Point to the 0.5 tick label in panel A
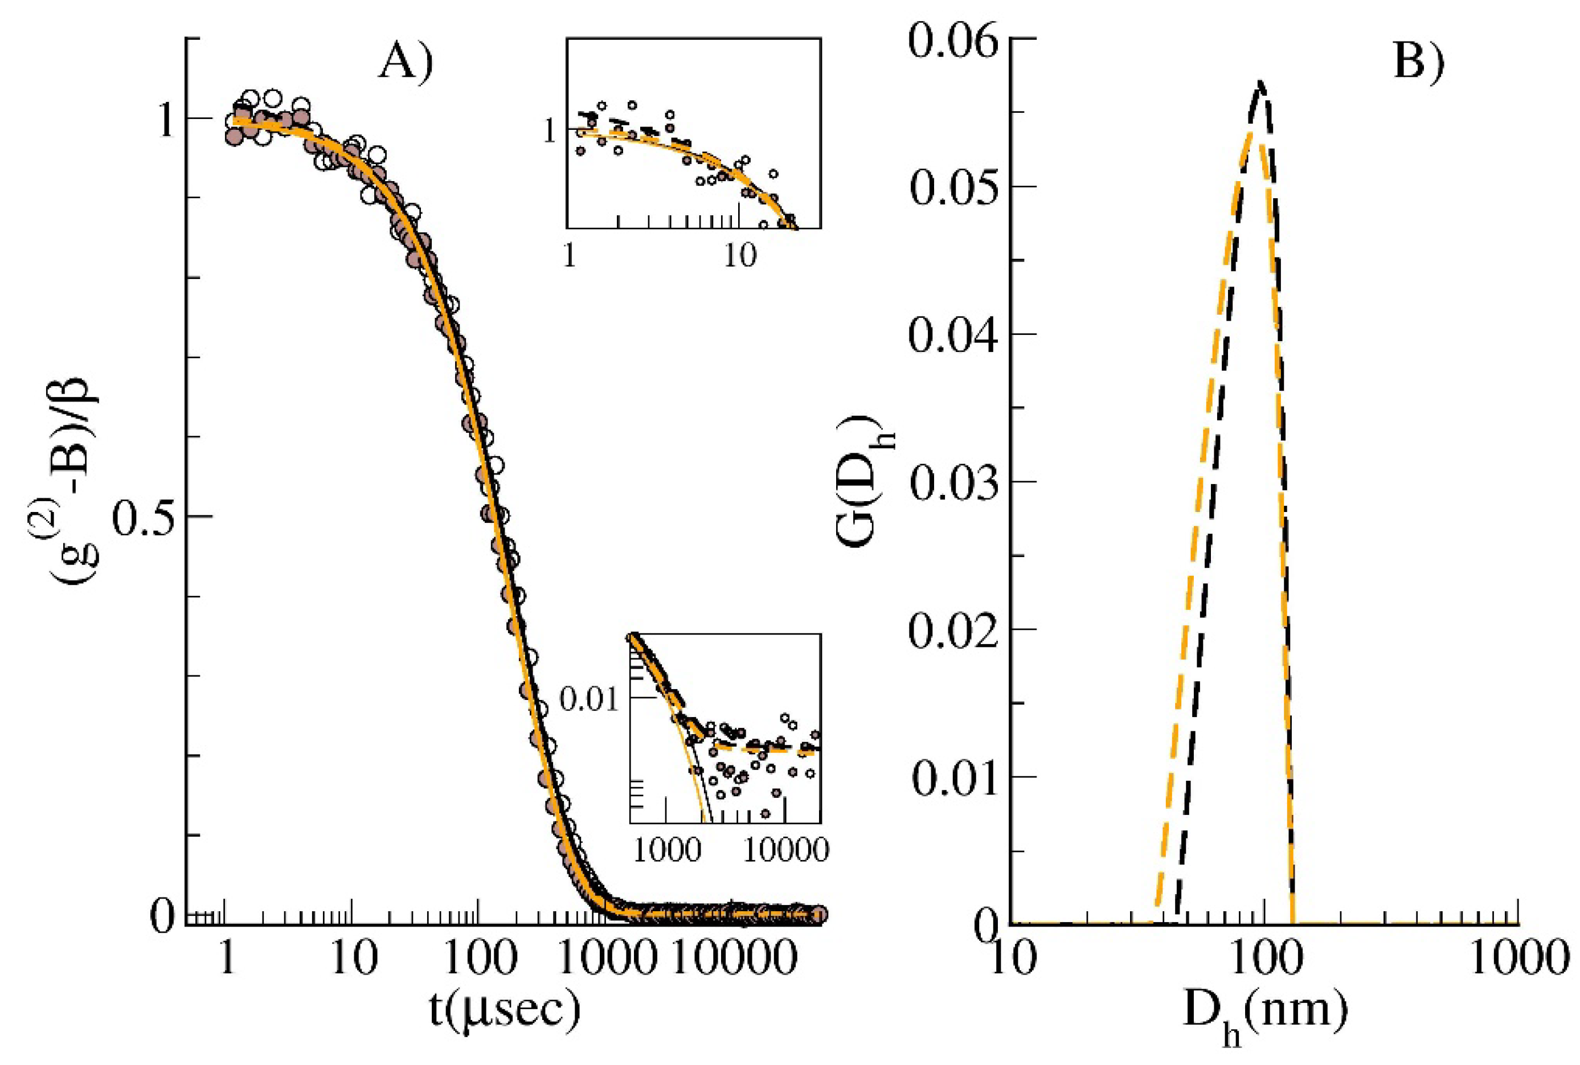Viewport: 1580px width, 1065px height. click(x=141, y=517)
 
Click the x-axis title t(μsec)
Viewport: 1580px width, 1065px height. click(x=505, y=1009)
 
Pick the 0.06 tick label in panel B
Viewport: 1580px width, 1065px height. click(x=953, y=39)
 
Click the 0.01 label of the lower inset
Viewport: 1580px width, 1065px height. click(x=589, y=698)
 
